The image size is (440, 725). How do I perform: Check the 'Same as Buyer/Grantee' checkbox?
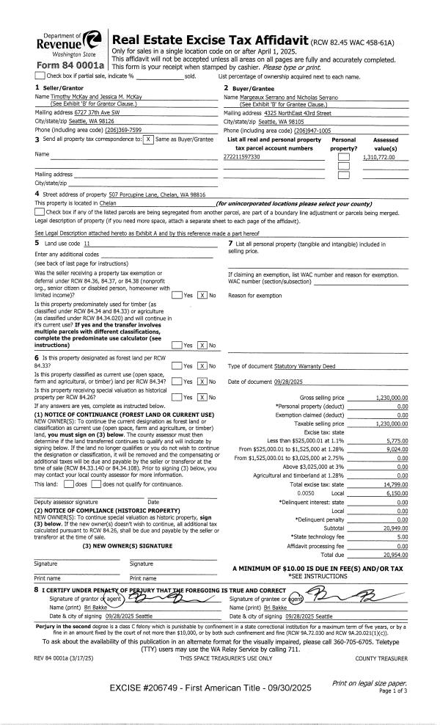(149, 139)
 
